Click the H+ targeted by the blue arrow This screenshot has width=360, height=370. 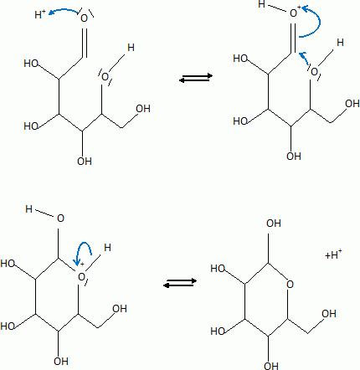(40, 14)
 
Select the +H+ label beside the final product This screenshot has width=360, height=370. (333, 254)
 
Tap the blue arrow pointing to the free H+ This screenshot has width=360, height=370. (63, 10)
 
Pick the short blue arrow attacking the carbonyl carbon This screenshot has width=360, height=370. (305, 58)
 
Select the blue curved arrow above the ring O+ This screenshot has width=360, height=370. (83, 250)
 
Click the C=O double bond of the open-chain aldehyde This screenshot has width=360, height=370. (85, 43)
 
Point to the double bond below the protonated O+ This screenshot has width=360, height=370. (293, 38)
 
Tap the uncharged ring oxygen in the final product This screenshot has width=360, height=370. (290, 285)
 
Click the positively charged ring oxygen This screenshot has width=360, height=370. (81, 277)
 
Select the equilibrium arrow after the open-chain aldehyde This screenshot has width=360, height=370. (196, 78)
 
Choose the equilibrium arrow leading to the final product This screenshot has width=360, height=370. (180, 282)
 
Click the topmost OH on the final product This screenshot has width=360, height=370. (273, 224)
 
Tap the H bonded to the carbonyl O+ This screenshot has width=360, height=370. (261, 4)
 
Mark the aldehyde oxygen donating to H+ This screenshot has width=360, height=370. (84, 18)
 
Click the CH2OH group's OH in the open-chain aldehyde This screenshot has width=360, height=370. (143, 109)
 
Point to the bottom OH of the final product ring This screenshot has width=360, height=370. (271, 365)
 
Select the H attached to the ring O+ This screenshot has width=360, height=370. (107, 247)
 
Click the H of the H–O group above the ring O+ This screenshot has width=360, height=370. (28, 209)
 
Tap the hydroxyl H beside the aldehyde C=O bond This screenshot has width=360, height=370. (131, 48)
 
